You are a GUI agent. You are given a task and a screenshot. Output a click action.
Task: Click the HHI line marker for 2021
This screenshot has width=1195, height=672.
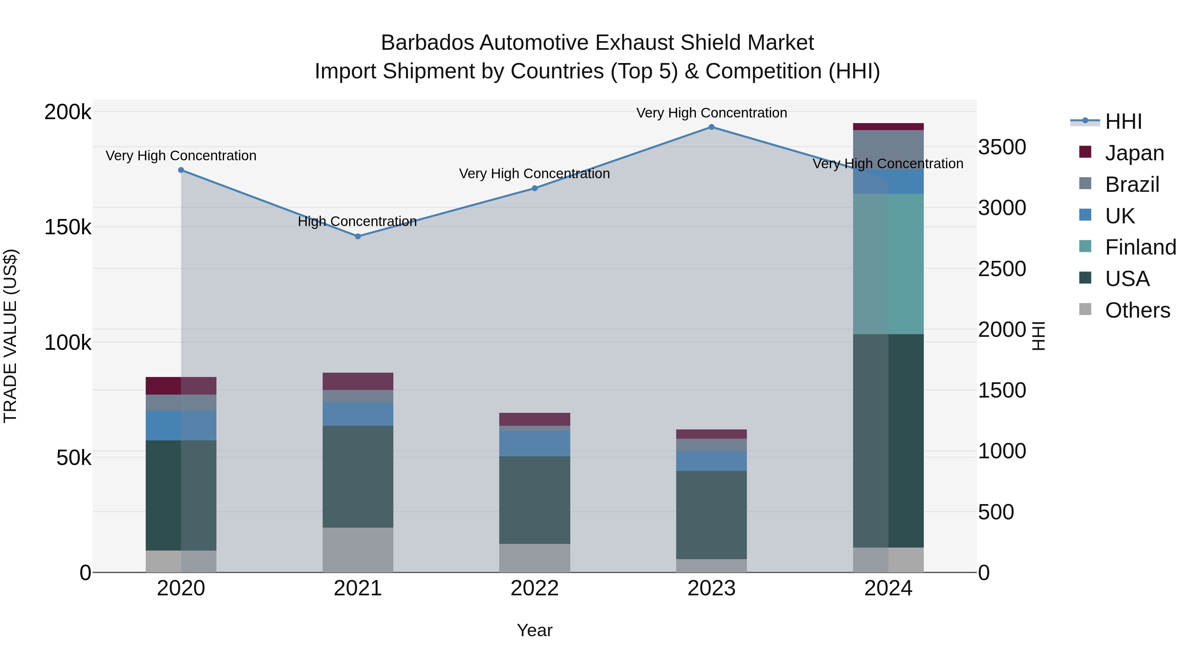pos(358,237)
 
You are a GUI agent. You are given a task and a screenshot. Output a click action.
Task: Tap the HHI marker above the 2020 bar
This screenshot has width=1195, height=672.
pos(181,170)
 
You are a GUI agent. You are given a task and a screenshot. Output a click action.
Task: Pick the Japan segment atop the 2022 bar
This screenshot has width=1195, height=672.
pos(534,419)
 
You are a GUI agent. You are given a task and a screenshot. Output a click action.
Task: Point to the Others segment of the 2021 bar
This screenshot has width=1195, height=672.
pos(358,550)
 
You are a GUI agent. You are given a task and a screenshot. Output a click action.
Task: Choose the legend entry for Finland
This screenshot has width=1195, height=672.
pos(1140,247)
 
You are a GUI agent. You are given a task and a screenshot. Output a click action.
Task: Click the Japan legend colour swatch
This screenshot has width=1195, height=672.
pos(1085,152)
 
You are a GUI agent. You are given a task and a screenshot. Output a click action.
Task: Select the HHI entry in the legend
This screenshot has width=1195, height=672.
pos(1123,121)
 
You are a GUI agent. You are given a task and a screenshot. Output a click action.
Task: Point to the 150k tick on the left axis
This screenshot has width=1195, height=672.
pos(68,227)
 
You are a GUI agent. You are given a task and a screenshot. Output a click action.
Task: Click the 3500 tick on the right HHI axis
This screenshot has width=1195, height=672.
pos(1002,147)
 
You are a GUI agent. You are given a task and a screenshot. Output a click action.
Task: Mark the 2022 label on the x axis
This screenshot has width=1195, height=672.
pos(534,588)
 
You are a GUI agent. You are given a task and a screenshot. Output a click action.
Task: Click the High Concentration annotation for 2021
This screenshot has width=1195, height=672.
pos(357,221)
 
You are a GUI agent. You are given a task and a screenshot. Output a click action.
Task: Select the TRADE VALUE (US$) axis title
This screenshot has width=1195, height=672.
pos(10,336)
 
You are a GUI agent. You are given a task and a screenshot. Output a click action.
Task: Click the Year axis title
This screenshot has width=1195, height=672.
pos(534,630)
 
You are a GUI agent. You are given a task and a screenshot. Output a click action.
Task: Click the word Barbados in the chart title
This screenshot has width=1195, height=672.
pos(427,43)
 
